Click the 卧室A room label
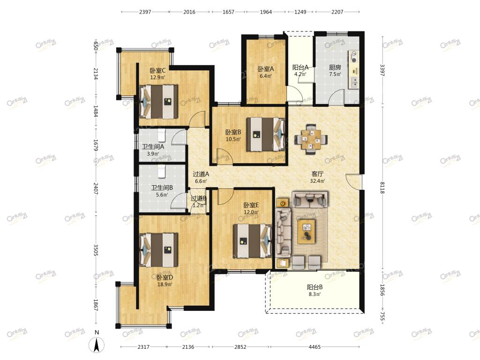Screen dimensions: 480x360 click(x=265, y=69)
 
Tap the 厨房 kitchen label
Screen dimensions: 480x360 click(x=335, y=67)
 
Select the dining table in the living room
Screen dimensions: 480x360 click(x=311, y=139)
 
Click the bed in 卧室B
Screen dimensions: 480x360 click(x=266, y=135)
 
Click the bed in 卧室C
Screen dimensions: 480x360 click(x=158, y=101)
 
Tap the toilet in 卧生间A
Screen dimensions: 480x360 click(x=161, y=135)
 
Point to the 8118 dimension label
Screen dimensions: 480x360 click(x=382, y=187)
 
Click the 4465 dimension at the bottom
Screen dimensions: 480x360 click(x=315, y=347)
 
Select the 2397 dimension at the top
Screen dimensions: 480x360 click(x=145, y=12)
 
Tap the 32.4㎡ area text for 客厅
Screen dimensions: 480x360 click(x=317, y=181)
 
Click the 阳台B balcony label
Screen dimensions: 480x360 click(x=315, y=287)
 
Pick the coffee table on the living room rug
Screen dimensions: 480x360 click(x=307, y=231)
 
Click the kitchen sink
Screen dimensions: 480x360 click(x=354, y=82)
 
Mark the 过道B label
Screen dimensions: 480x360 click(x=198, y=198)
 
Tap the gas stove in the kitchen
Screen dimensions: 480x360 click(x=354, y=57)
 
